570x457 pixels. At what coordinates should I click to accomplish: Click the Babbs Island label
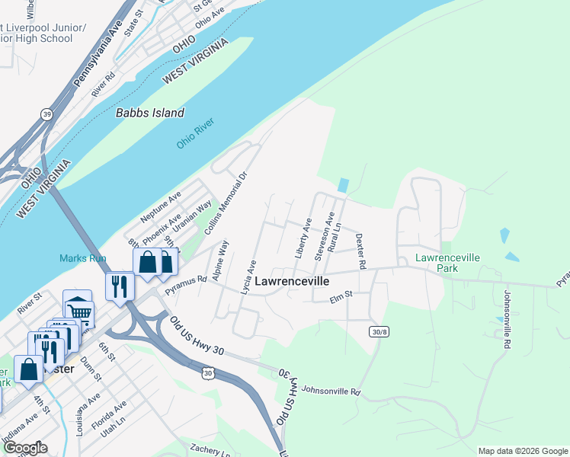point(150,113)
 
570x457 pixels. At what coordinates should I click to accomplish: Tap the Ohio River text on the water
point(196,134)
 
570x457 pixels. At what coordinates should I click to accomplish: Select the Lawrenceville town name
point(292,281)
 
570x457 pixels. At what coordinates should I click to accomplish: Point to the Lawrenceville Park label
point(447,263)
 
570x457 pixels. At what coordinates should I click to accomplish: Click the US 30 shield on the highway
point(207,373)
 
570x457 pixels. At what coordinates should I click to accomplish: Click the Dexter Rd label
point(360,251)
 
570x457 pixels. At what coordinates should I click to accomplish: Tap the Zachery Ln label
point(210,449)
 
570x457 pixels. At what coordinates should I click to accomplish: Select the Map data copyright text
point(522,451)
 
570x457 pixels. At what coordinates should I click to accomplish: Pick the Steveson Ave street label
point(325,238)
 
